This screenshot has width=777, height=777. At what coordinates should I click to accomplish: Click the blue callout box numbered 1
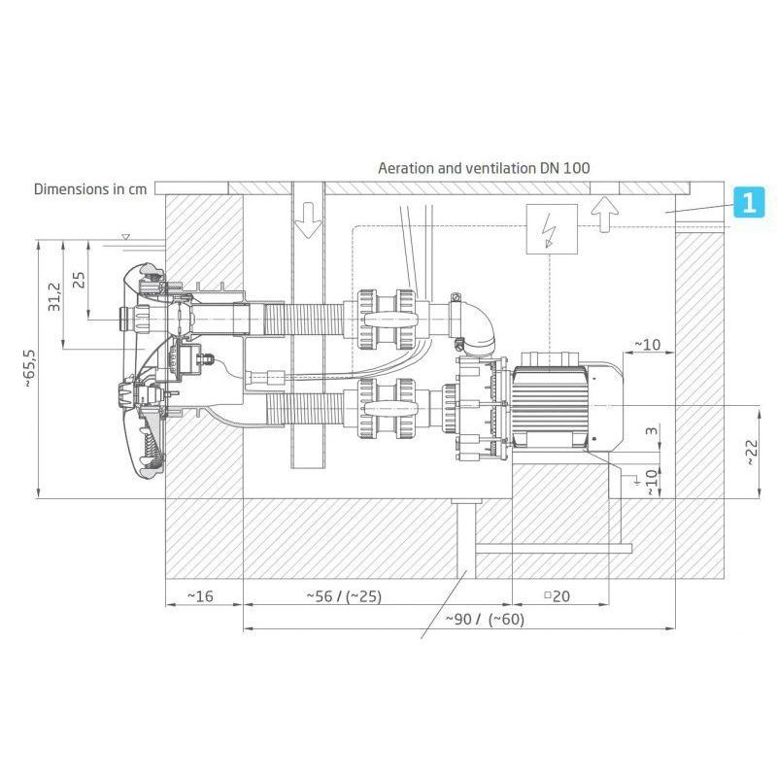coord(749,202)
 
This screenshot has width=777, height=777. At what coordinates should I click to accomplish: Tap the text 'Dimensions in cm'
coord(90,188)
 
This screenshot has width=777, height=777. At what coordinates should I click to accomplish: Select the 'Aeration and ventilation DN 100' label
coord(484,168)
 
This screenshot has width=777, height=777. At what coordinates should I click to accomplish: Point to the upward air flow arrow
coord(604,214)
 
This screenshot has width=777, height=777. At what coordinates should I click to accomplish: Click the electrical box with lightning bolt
coord(551,229)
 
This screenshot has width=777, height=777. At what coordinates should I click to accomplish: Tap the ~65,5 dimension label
coord(30,368)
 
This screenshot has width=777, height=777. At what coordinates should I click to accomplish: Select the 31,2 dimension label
coord(54,297)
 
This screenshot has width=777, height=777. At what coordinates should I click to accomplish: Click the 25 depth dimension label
coord(79,280)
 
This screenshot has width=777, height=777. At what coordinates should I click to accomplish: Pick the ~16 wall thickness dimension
coord(200,595)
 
